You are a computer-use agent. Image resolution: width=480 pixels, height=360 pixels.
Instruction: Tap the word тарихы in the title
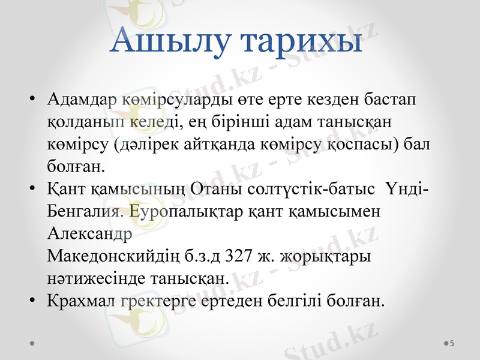click(302, 41)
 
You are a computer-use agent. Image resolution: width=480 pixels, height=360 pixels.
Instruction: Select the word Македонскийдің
click(124, 256)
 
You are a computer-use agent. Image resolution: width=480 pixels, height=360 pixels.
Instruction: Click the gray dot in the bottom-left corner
click(31, 343)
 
